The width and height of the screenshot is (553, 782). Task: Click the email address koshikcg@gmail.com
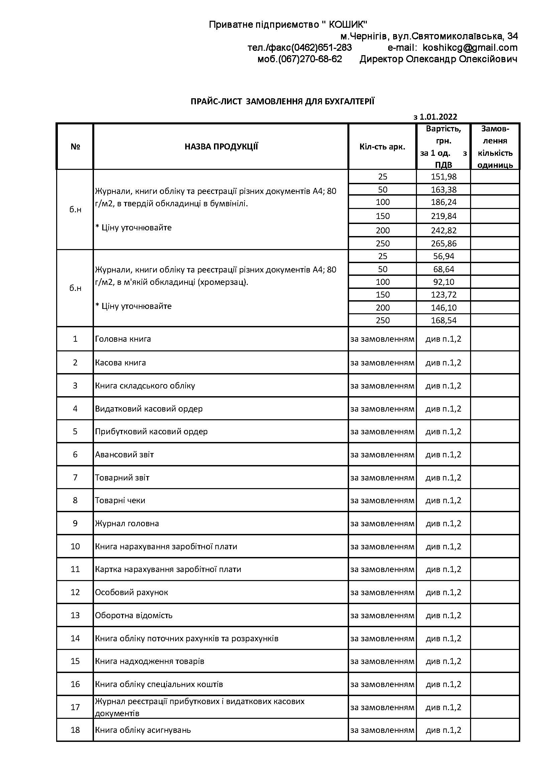(470, 48)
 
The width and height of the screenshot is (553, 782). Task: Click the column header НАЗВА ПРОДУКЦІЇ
(221, 147)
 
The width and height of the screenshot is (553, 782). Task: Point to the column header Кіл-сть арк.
(382, 147)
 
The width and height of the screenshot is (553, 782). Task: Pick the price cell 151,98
(443, 177)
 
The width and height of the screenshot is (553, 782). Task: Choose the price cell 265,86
(443, 243)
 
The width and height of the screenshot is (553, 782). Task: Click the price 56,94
(443, 256)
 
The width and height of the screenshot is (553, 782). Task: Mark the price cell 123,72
(443, 295)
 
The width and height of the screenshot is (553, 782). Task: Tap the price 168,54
(443, 321)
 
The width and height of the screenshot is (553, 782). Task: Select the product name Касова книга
(120, 362)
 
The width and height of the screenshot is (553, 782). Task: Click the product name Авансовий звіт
(124, 454)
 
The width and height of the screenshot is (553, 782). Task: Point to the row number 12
(75, 592)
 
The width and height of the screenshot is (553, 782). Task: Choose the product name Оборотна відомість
(133, 615)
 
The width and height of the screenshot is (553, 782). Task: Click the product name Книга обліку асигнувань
(143, 730)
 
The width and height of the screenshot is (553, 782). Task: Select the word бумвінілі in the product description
(228, 204)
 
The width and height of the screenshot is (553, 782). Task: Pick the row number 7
(75, 477)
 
